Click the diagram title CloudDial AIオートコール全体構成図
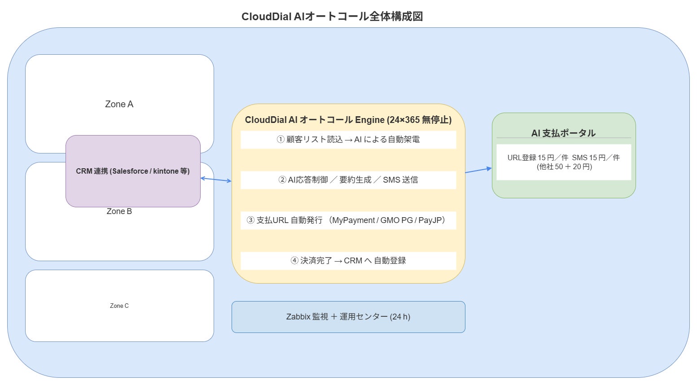[332, 17]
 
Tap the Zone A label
[119, 104]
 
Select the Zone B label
[119, 211]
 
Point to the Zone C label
[119, 306]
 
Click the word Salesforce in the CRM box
[130, 171]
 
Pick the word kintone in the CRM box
[166, 171]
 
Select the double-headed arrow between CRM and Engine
[216, 179]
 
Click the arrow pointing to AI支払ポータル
[478, 170]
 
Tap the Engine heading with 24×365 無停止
[348, 120]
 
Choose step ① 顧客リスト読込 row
[348, 140]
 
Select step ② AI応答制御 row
[348, 180]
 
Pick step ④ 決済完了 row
[348, 261]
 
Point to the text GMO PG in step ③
[396, 220]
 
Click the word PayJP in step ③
[431, 220]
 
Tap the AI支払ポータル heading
[563, 133]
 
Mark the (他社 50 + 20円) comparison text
[564, 166]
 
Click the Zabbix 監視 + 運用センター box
[348, 317]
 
